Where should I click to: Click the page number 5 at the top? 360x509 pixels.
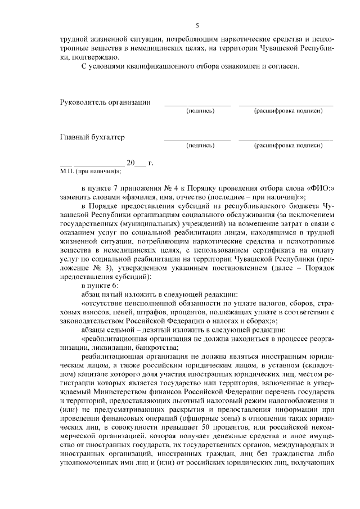(197, 25)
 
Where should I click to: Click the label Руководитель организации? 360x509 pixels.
(105, 102)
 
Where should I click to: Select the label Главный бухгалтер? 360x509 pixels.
(92, 137)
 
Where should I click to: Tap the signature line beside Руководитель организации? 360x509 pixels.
(197, 105)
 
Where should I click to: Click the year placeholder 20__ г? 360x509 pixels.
(139, 163)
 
